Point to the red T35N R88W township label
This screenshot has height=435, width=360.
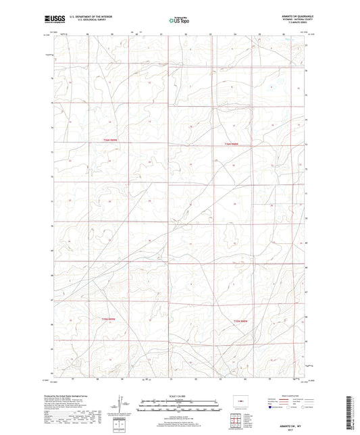pyautogui.click(x=241, y=320)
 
